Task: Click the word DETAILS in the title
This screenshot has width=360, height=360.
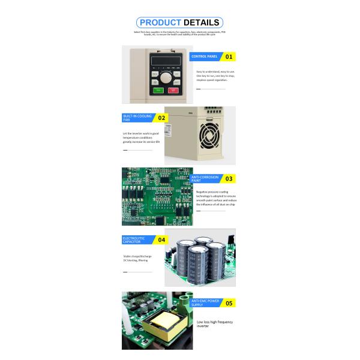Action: coord(202,23)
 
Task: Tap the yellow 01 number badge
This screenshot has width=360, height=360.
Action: coord(228,57)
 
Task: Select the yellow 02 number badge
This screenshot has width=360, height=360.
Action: coord(161,118)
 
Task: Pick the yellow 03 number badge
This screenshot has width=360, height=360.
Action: coord(228,178)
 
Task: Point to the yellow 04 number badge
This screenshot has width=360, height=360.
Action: coord(161,239)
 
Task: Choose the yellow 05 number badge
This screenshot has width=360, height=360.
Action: coord(228,303)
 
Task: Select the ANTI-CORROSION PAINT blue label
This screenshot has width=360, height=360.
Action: coord(205,178)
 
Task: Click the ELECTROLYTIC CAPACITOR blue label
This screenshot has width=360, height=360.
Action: coord(137,239)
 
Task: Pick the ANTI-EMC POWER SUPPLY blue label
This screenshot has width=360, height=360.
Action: coord(205,303)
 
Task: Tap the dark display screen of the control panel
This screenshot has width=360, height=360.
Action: coord(165,61)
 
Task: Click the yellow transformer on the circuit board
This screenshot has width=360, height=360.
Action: coord(162,326)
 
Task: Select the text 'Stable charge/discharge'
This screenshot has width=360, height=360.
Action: coord(137,256)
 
